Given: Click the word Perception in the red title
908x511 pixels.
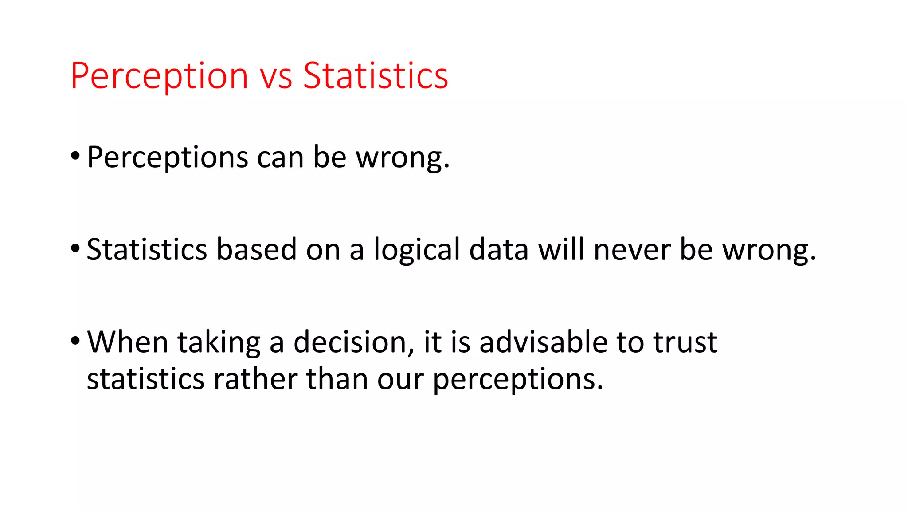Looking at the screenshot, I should pos(159,76).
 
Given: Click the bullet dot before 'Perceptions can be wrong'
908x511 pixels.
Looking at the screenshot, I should pos(75,156).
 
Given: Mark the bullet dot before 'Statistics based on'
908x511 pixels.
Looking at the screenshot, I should pos(75,248).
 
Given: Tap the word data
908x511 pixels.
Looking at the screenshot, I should pos(499,249).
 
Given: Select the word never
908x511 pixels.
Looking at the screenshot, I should pos(632,250).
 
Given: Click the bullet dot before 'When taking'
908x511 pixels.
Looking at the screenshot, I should pos(75,341).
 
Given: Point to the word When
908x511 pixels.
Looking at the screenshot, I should pos(128,342).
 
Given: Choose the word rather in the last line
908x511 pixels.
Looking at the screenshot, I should pos(255,379).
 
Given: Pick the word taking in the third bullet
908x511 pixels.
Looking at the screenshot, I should pos(219,343).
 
